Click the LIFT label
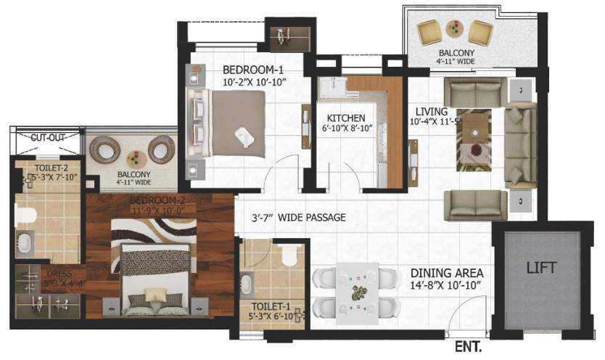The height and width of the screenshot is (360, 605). click(x=541, y=268)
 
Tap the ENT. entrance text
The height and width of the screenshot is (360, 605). click(x=469, y=348)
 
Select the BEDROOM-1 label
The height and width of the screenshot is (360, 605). click(x=252, y=70)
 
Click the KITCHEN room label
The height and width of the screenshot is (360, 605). click(x=345, y=118)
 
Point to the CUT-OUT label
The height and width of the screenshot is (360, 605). click(x=48, y=136)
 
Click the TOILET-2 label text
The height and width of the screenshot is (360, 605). click(x=50, y=166)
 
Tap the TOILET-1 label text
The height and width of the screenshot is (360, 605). click(x=268, y=306)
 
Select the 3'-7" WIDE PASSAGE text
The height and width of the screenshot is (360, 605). click(x=298, y=217)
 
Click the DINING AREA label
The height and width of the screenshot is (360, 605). click(x=446, y=273)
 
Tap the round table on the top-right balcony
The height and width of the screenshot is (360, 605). click(x=455, y=30)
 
